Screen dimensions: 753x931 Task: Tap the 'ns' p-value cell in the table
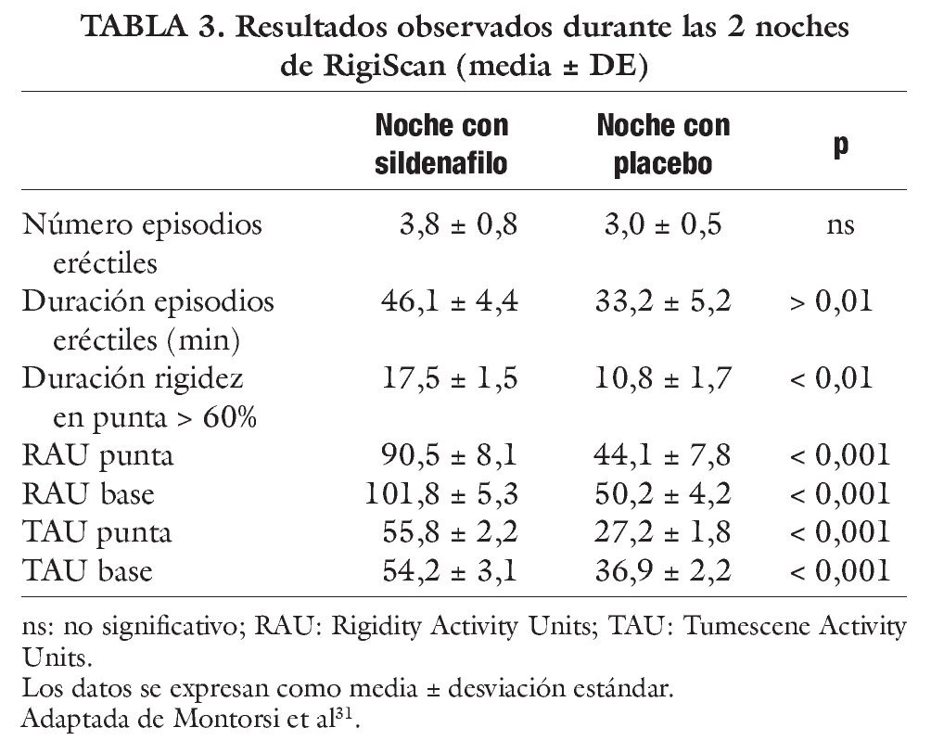tap(840, 224)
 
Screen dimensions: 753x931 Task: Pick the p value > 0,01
tap(831, 302)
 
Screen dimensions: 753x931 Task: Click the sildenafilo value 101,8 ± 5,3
tap(442, 494)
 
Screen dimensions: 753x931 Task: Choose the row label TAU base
tap(88, 571)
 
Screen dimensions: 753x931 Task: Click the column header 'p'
tap(840, 146)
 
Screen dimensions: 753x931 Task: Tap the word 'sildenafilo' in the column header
tap(441, 164)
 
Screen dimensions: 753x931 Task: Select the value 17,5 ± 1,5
tap(451, 379)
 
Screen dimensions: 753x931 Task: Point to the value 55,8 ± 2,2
tap(451, 533)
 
